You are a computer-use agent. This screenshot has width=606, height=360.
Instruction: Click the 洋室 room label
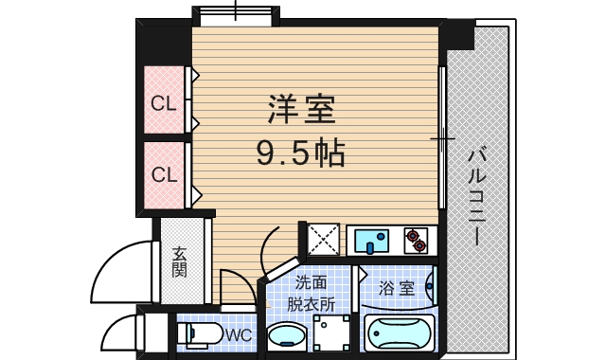pos(301,111)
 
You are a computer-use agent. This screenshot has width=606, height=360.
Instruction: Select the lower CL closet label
pos(164,175)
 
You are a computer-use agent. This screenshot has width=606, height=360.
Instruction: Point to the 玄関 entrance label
pos(180,261)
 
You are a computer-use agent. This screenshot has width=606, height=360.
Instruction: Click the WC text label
pos(238,334)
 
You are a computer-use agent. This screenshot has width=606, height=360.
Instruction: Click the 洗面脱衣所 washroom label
pos(312,293)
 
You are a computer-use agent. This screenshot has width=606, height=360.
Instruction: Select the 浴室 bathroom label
pos(397,288)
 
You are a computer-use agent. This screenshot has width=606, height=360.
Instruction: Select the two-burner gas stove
pos(415,241)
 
